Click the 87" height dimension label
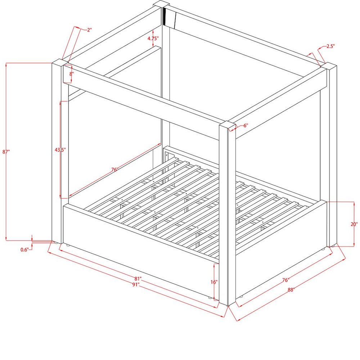coord(6,152)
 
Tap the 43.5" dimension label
coord(60,150)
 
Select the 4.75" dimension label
coord(153,39)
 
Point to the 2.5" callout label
coord(330,46)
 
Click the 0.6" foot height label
coord(25,250)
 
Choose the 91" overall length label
coord(136,284)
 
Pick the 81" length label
coord(138,279)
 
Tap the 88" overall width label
coord(291,290)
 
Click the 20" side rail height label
coord(354,224)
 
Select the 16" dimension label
coord(214,282)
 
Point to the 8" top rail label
coord(72,74)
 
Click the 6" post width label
coord(246,126)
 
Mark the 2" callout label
coord(89,30)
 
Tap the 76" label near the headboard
coord(114,170)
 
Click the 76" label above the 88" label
coord(285,280)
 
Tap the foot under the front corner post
coord(228,306)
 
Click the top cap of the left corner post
coord(60,63)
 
